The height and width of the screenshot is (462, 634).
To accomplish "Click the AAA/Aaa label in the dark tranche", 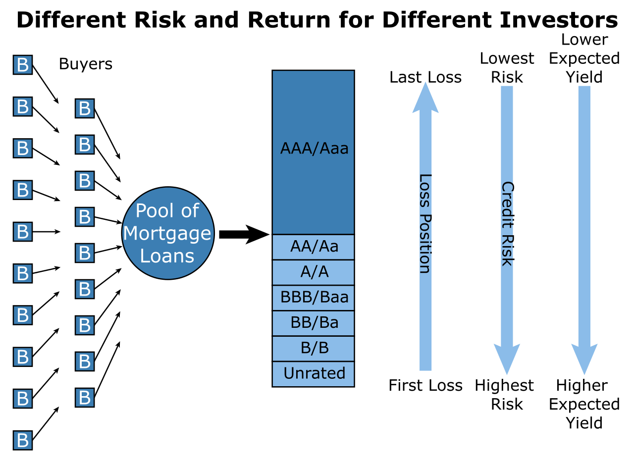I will click(314, 149).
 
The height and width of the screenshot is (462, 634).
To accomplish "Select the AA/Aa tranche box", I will click(314, 247).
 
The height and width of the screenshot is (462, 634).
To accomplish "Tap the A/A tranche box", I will click(314, 272).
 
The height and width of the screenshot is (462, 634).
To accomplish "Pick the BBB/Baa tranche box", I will click(314, 298).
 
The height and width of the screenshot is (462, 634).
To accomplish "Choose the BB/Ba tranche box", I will click(314, 323).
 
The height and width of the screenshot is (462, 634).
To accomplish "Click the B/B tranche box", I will click(314, 348).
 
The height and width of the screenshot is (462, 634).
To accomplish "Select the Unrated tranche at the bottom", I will click(314, 373).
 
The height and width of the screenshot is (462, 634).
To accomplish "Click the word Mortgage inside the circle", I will click(167, 233).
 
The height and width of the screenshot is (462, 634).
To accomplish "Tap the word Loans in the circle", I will click(167, 256).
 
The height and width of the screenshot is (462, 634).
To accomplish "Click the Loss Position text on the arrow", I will click(425, 224).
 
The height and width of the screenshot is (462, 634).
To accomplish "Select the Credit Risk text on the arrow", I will click(507, 224).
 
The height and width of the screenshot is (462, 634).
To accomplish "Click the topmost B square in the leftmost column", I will click(23, 65).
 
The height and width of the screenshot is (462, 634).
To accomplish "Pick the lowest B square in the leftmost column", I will click(23, 440).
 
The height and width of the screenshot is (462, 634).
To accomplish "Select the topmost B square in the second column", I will click(85, 108).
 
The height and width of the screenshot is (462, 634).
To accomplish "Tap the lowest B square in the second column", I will click(85, 398).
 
